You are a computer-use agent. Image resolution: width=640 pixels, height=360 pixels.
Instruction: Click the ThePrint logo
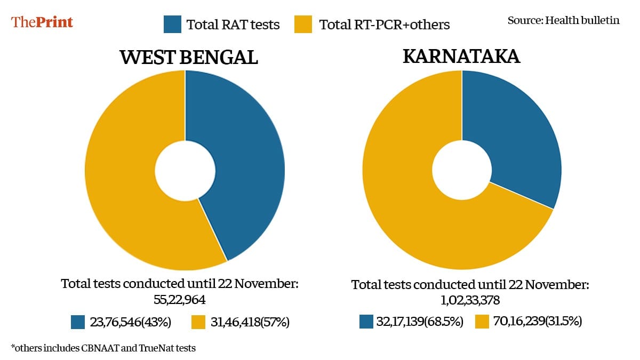42,22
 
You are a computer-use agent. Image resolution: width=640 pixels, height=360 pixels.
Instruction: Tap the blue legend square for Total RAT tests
173,24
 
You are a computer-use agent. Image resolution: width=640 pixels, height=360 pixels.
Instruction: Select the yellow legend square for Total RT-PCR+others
303,24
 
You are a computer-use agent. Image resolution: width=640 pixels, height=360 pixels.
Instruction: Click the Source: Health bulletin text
563,21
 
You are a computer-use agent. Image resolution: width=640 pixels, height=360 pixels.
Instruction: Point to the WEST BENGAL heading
189,57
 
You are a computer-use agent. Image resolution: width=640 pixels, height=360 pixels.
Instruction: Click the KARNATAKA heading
461,56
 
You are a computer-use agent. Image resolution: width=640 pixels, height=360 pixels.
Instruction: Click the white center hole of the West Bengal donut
185,171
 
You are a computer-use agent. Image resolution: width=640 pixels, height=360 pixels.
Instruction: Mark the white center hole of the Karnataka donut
462,171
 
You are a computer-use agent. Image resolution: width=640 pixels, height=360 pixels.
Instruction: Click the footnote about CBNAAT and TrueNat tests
103,348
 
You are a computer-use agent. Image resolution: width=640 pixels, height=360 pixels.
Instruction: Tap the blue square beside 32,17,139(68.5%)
366,322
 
